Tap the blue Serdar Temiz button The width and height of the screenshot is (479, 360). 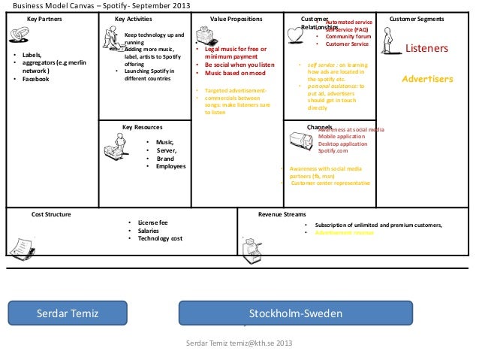coord(68,313)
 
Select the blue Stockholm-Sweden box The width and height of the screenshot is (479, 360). coord(295,313)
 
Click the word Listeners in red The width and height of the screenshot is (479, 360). coord(426,50)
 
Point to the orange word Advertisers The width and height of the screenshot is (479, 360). coord(427,78)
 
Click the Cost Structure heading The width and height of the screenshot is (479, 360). coord(51,214)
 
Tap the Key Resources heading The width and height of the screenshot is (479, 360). coord(142,127)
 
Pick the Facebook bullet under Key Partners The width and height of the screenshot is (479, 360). coord(35,79)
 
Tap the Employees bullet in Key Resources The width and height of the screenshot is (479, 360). coord(170,166)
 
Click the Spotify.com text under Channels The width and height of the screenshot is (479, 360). coord(333,150)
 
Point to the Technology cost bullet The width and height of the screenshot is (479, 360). coord(159,239)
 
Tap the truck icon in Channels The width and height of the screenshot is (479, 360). coord(300,137)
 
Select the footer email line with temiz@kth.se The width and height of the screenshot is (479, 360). coord(239,344)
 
